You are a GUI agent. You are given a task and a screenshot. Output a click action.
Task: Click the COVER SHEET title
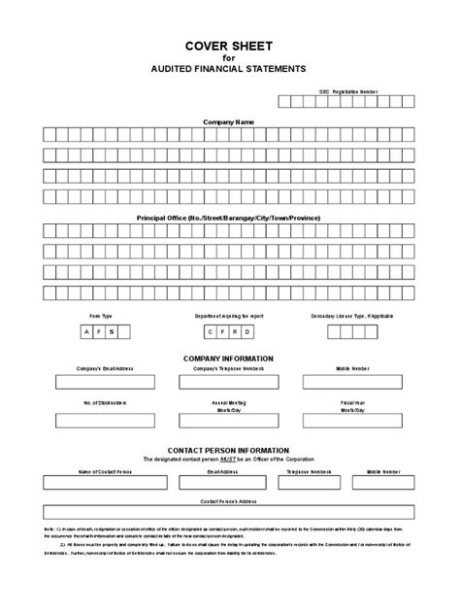(229, 46)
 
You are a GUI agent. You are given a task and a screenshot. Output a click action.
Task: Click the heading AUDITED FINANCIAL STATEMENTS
(229, 69)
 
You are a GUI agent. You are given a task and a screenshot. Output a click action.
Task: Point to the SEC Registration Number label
(345, 89)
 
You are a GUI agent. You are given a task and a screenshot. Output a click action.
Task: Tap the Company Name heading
(229, 122)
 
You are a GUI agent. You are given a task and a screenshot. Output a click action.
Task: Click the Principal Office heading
(229, 218)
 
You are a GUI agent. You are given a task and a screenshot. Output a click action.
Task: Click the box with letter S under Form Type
(112, 331)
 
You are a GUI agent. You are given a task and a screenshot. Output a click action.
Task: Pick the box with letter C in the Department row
(211, 331)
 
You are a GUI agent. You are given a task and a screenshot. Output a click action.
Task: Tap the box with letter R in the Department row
(236, 331)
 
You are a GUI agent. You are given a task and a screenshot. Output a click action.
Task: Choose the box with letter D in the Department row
(248, 331)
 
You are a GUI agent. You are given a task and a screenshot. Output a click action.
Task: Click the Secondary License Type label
(352, 316)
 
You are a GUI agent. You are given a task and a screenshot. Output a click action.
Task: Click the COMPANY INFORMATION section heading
(229, 358)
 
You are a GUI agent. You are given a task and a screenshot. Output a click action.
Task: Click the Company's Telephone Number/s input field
(229, 382)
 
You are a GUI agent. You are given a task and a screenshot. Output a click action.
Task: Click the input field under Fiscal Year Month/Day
(352, 421)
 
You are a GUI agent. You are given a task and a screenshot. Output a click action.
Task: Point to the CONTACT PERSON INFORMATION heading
(229, 451)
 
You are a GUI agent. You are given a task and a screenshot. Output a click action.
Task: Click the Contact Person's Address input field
(229, 512)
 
